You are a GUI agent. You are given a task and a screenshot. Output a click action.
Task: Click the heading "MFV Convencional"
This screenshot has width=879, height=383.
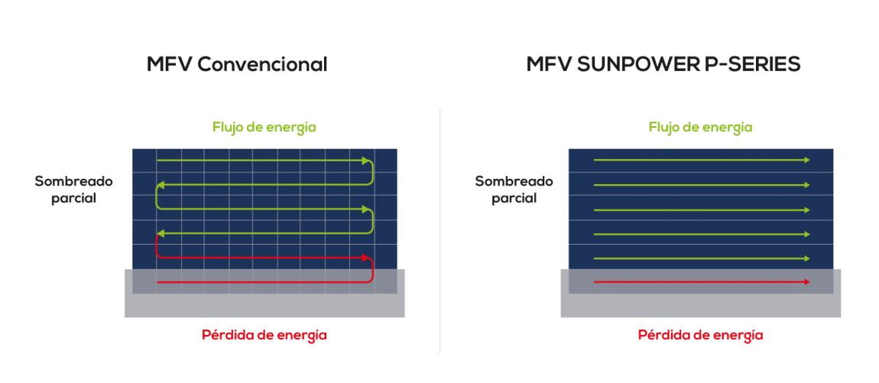(x=237, y=64)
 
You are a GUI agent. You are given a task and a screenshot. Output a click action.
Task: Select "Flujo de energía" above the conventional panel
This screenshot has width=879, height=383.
(x=264, y=128)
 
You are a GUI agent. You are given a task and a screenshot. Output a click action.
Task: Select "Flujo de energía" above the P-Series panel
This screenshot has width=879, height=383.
(x=700, y=128)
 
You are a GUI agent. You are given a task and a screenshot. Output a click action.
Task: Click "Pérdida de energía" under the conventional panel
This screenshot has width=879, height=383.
(x=264, y=336)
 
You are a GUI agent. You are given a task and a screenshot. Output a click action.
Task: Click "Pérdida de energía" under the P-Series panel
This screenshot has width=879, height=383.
(x=700, y=336)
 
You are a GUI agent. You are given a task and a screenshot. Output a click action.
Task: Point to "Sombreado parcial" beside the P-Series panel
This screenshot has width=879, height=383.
(x=514, y=190)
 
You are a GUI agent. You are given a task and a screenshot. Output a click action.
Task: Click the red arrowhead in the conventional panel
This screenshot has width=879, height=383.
(x=367, y=258)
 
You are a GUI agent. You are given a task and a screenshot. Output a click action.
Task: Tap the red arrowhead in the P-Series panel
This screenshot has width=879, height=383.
(x=806, y=281)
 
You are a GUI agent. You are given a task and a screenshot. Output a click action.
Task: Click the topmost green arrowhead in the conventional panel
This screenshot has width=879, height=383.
(x=367, y=161)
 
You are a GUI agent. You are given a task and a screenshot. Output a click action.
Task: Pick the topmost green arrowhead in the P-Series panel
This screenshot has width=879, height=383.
(x=806, y=161)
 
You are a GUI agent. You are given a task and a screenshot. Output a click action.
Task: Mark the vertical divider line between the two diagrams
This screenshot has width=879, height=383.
(x=440, y=231)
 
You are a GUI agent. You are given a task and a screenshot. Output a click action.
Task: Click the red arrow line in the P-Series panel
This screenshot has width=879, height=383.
(x=702, y=281)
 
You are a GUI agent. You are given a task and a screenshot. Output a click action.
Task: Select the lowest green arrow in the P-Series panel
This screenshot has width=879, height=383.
(x=702, y=258)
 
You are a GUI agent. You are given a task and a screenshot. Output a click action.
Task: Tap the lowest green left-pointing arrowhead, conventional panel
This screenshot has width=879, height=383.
(x=161, y=232)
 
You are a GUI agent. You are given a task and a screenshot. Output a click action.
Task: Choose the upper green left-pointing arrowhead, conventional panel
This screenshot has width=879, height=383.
(x=161, y=184)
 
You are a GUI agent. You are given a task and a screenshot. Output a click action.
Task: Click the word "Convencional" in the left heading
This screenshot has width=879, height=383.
(x=262, y=64)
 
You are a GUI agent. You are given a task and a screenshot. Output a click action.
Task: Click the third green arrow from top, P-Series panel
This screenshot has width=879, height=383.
(x=702, y=209)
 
